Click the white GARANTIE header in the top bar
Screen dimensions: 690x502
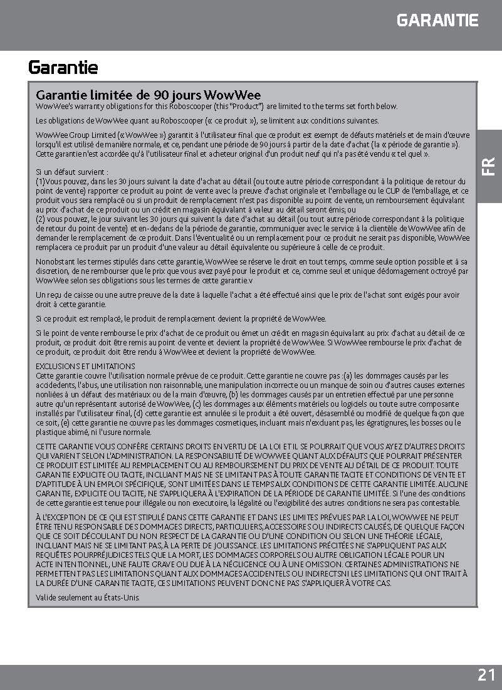[437, 20]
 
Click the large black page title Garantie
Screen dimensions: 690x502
[63, 67]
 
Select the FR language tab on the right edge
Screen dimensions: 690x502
[489, 165]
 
